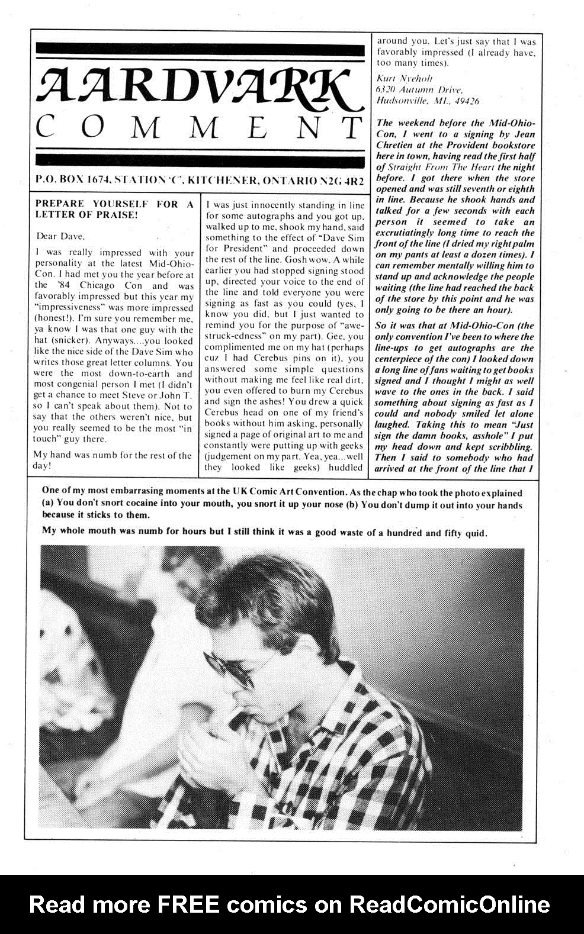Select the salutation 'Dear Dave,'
pyautogui.click(x=59, y=236)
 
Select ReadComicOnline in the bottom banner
pyautogui.click(x=449, y=904)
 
